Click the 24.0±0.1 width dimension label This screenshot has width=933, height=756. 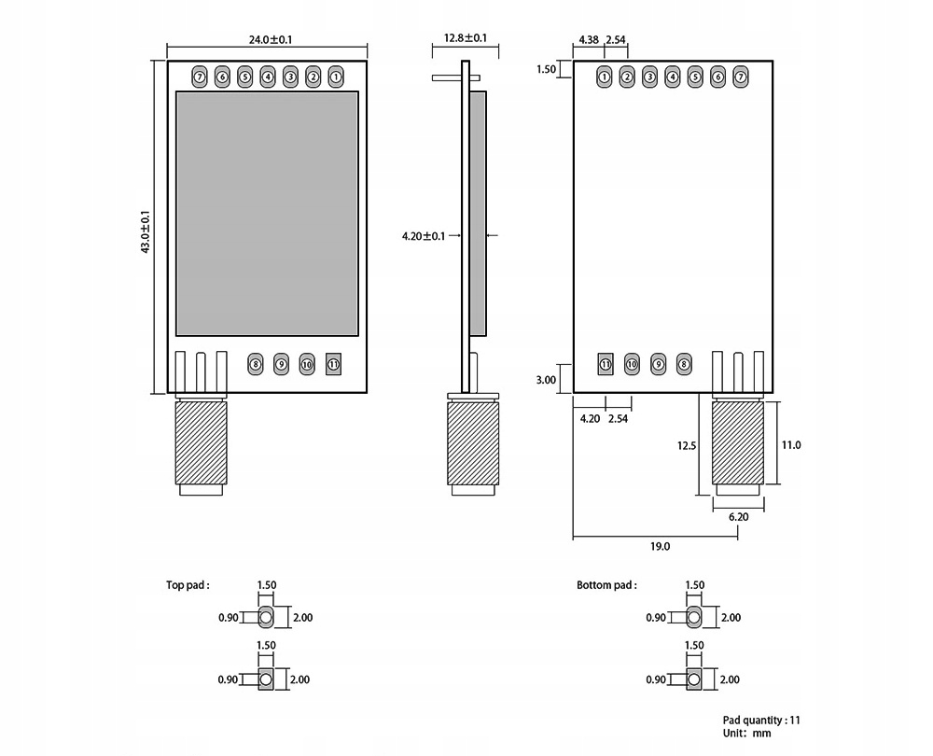(x=269, y=39)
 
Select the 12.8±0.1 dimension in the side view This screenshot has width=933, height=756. (x=466, y=38)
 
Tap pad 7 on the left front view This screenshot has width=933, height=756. (x=200, y=77)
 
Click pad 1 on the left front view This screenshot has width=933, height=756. (x=336, y=77)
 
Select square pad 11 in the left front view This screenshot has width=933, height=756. (x=333, y=365)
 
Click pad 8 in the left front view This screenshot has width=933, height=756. (x=256, y=365)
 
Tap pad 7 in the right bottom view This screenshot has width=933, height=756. (x=741, y=77)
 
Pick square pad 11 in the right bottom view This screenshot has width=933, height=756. (x=605, y=364)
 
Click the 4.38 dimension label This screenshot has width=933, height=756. (x=589, y=40)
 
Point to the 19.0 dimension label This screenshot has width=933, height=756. (x=660, y=547)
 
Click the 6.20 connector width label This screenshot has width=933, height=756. (x=738, y=516)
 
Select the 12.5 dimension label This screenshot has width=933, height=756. (x=687, y=446)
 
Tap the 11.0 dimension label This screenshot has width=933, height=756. (x=791, y=445)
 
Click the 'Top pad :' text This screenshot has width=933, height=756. (x=188, y=585)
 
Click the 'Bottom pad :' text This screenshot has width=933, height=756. (x=606, y=585)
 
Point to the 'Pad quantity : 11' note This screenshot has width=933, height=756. (x=761, y=720)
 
